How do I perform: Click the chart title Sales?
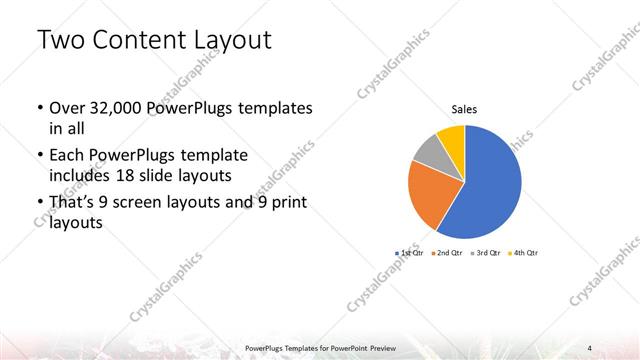(465, 109)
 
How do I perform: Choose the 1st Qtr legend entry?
(409, 253)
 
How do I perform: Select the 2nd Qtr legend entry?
(446, 253)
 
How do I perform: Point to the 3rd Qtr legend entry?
(484, 253)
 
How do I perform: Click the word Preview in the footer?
(377, 347)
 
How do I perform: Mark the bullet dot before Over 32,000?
(38, 108)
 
